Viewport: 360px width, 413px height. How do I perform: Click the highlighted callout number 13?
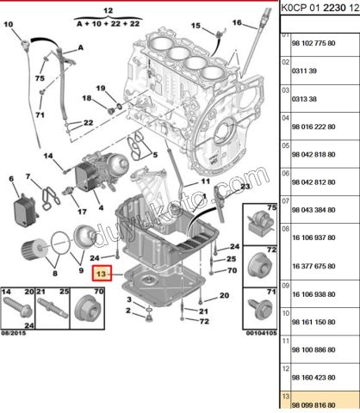coord(102,274)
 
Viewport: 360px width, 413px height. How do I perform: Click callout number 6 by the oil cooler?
coord(11,179)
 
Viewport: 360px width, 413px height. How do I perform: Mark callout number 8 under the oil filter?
coord(55,273)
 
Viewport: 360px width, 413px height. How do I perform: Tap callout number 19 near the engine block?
coord(100,89)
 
